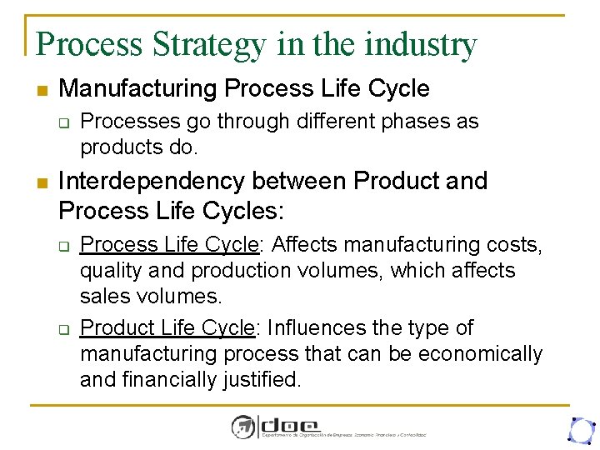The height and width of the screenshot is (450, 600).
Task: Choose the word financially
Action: tap(178, 380)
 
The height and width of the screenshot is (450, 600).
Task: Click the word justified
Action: tap(264, 380)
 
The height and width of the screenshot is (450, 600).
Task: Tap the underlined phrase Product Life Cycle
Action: tap(169, 328)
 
